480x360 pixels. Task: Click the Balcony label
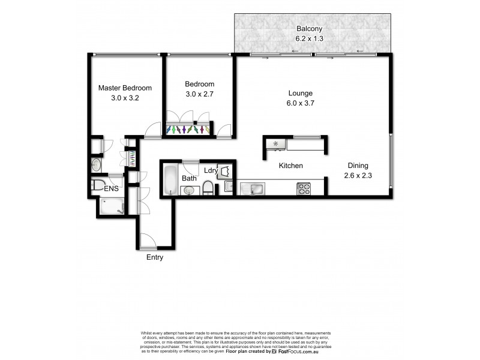[x=309, y=28]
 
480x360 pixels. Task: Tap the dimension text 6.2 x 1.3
[x=309, y=38]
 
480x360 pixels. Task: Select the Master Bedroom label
[x=125, y=88]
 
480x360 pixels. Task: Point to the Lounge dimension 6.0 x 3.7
[x=301, y=103]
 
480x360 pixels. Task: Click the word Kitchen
[x=290, y=166]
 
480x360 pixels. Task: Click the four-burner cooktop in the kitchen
[x=304, y=188]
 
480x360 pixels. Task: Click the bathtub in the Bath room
[x=170, y=178]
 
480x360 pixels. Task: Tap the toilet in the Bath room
[x=208, y=189]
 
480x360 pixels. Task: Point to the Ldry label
[x=211, y=170]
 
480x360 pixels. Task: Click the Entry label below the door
[x=154, y=257]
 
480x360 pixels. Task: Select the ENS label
[x=111, y=189]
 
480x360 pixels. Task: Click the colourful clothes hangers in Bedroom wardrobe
[x=188, y=129]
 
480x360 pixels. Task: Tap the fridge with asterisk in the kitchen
[x=276, y=144]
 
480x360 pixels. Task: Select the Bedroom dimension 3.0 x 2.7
[x=199, y=94]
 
